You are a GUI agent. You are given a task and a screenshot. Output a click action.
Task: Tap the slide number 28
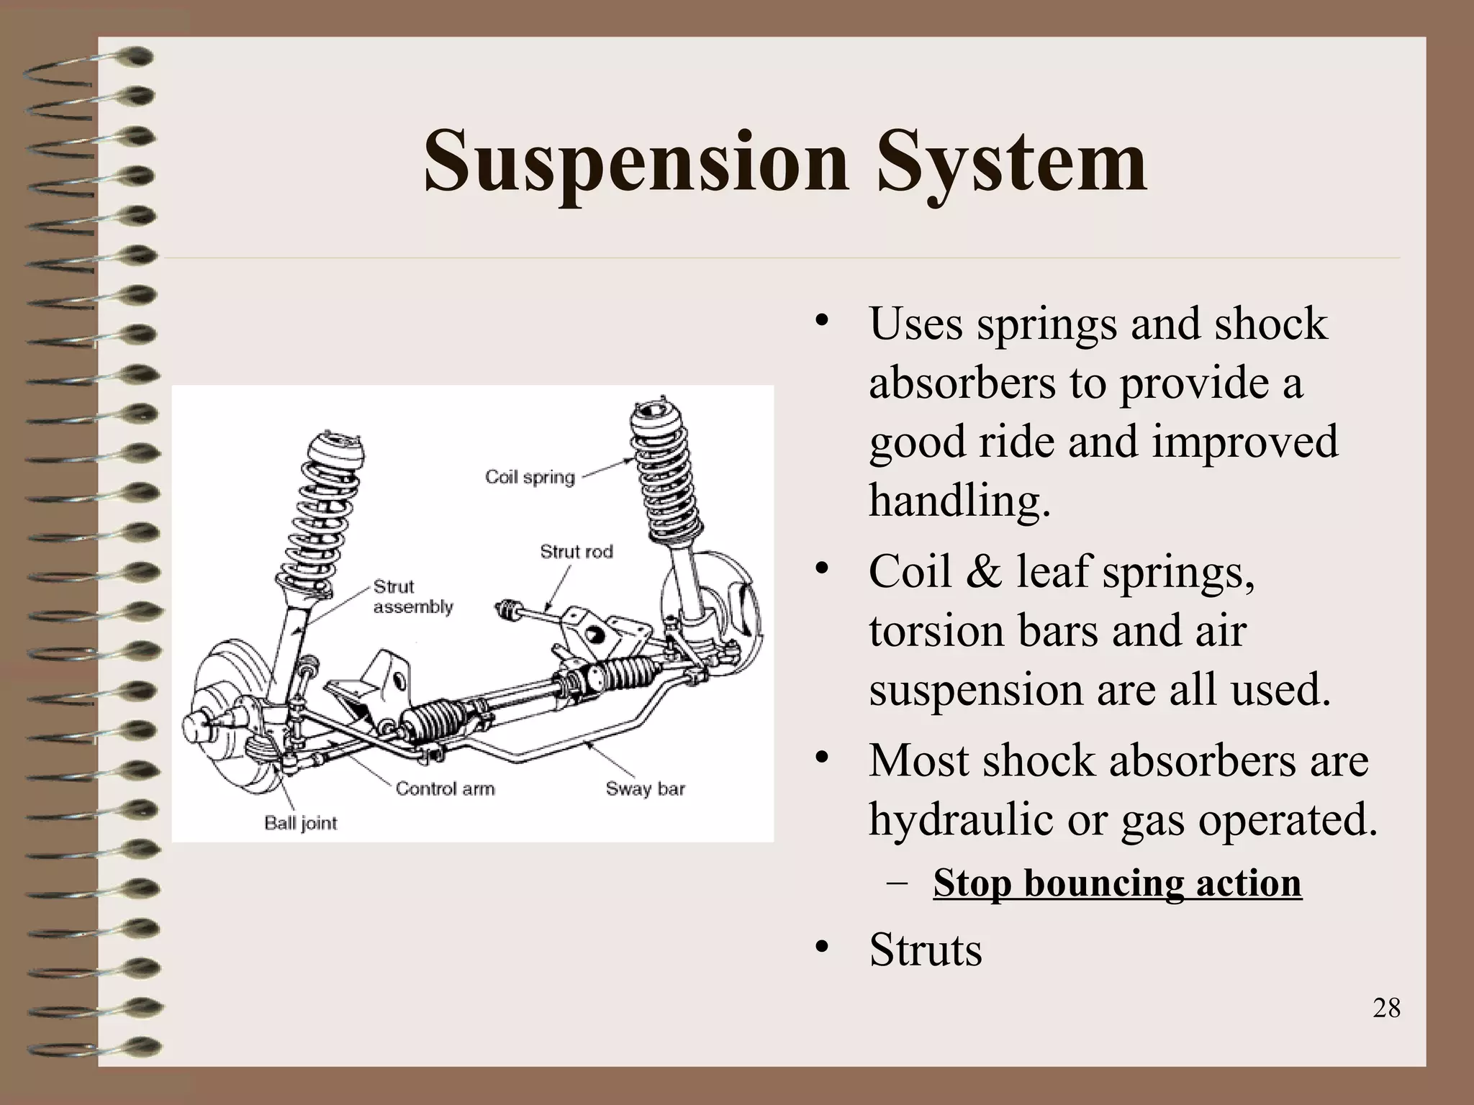(x=1386, y=1008)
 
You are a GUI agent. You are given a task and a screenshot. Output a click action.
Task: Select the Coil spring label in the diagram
(x=530, y=477)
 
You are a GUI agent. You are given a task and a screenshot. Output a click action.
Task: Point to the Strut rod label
(x=576, y=552)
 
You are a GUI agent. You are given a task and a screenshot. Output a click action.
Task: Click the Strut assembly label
(x=412, y=597)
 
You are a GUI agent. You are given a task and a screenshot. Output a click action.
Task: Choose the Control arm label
(x=445, y=788)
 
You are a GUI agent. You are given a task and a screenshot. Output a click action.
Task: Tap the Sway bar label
(x=645, y=788)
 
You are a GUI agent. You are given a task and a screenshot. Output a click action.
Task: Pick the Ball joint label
(x=300, y=823)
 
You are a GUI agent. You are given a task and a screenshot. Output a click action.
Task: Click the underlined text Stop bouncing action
(x=1117, y=883)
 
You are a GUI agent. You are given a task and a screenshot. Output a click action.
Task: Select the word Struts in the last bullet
(x=926, y=950)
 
